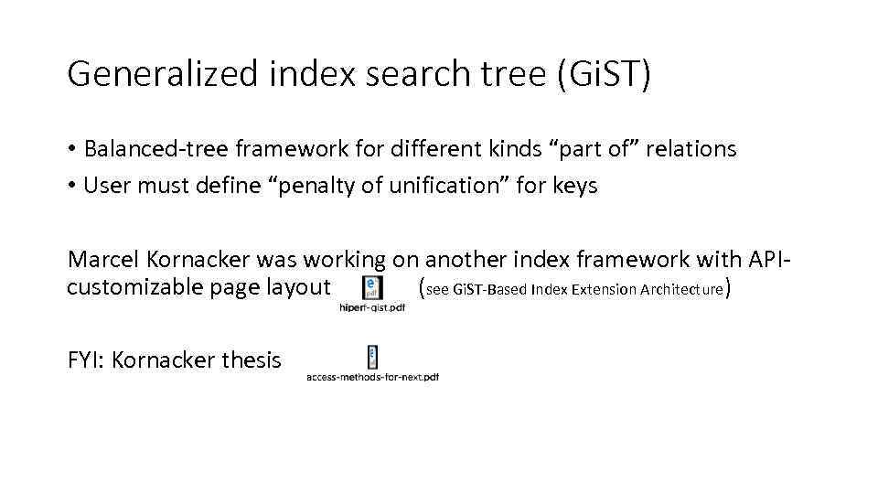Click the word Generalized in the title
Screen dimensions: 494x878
pyautogui.click(x=163, y=74)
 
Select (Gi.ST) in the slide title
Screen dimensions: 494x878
pyautogui.click(x=603, y=74)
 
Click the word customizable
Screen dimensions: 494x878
pyautogui.click(x=134, y=287)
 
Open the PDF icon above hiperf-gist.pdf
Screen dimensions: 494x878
pyautogui.click(x=372, y=287)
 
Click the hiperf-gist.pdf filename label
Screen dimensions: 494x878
pyautogui.click(x=371, y=308)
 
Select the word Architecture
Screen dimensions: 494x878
pyautogui.click(x=679, y=290)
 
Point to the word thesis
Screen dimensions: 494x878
pyautogui.click(x=252, y=360)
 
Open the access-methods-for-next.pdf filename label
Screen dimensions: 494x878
pyautogui.click(x=373, y=377)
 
